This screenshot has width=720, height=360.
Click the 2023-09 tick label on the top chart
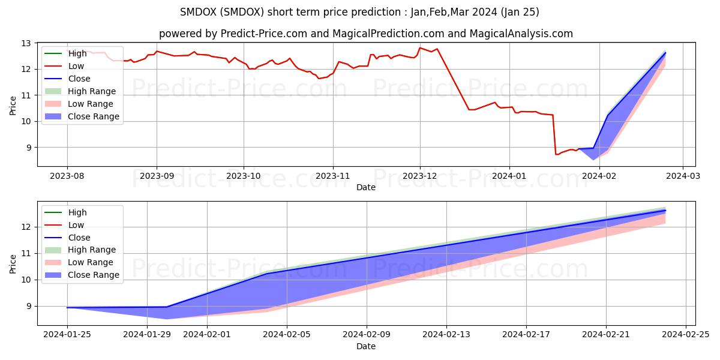tap(157, 176)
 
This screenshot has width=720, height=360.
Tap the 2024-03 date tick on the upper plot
tap(682, 176)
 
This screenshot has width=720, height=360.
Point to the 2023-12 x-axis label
tap(419, 176)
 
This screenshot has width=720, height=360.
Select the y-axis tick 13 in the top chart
tap(26, 44)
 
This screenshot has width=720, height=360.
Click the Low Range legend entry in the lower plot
tap(92, 262)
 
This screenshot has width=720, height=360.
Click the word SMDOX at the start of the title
tap(199, 12)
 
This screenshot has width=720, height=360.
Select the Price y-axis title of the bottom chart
tap(13, 263)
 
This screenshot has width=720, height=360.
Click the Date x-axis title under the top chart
tap(366, 187)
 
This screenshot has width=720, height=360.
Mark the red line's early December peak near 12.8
tap(420, 48)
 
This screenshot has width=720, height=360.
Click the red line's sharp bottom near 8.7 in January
tap(556, 154)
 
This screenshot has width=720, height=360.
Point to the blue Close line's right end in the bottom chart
tap(665, 211)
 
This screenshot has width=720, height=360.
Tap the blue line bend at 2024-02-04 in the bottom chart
tap(266, 274)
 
